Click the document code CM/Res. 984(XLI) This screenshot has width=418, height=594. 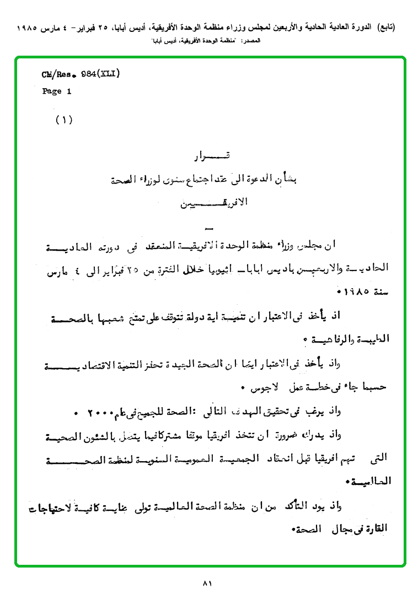[81, 74]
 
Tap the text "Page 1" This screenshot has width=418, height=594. [57, 91]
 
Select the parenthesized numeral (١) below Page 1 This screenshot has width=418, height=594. [64, 120]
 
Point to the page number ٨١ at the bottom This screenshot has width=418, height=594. [208, 583]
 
